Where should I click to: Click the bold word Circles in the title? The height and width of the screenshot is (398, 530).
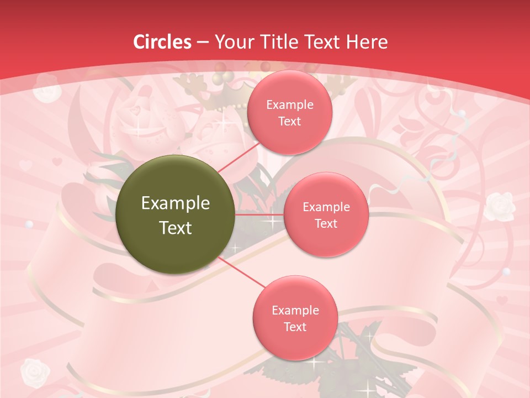163,41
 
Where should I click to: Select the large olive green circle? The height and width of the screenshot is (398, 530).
176,214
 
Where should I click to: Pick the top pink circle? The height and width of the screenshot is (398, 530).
289,112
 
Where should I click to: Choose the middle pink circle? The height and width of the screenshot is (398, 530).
326,214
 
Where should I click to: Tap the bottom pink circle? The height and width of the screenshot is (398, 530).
294,318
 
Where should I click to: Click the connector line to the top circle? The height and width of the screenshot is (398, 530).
239,157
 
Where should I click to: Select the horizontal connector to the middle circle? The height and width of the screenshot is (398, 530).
259,214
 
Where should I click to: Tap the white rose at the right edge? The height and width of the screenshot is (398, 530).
500,205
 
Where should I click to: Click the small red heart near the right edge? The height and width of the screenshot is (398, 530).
501,301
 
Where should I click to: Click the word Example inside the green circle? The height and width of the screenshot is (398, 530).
176,203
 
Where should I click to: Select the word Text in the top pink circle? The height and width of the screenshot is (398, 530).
289,121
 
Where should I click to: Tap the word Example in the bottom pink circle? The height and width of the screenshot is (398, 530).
295,310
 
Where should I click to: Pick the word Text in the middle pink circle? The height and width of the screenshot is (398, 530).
326,223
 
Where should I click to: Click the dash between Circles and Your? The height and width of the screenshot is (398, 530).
203,42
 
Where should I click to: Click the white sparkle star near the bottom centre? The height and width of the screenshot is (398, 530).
315,363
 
